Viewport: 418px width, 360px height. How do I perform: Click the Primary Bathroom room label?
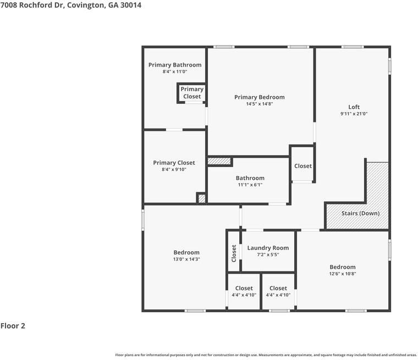pos(175,65)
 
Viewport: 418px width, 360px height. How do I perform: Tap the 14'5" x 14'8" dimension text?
pos(259,104)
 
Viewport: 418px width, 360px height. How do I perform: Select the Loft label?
pos(354,107)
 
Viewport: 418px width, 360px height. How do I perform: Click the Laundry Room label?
pos(268,248)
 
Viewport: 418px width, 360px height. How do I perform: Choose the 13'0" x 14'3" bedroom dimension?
pos(186,259)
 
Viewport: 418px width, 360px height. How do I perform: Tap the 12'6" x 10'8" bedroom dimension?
pos(342,274)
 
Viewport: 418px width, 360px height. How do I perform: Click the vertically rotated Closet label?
pos(234,253)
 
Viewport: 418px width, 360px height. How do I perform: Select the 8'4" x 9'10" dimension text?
pos(174,170)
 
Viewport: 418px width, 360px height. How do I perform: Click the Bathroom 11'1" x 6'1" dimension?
pos(250,185)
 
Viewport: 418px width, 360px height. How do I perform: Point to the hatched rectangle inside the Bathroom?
pos(219,162)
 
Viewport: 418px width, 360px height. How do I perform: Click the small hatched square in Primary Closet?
pos(201,198)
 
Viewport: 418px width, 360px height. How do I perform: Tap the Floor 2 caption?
pos(13,326)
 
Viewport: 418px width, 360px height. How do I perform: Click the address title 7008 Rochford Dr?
pos(71,5)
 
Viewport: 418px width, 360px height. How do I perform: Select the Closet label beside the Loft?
pos(302,166)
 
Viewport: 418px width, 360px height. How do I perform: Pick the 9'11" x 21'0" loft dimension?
pos(354,114)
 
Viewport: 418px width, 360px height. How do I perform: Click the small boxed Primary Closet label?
pos(192,93)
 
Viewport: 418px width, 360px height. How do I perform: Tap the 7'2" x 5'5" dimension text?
pos(268,255)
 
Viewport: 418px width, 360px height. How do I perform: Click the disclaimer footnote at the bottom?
pos(266,355)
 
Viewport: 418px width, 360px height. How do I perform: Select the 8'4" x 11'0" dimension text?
pos(175,72)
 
